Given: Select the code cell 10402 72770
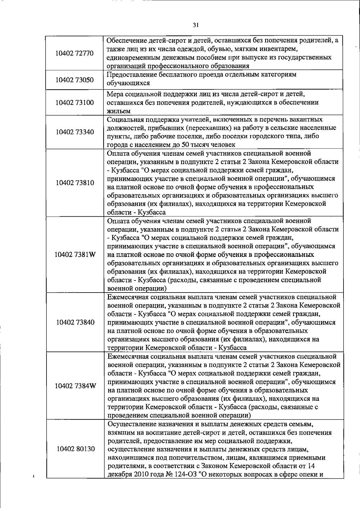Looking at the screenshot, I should click(75, 53).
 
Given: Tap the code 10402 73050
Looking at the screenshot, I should click(75, 80).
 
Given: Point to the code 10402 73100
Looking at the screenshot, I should click(75, 103).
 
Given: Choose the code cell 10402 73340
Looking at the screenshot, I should click(75, 132).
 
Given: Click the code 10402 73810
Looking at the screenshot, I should click(75, 183).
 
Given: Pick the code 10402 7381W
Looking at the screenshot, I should click(75, 255).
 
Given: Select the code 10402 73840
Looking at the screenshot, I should click(75, 322).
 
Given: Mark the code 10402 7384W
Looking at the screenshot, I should click(75, 386).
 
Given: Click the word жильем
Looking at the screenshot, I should click(118, 111).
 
